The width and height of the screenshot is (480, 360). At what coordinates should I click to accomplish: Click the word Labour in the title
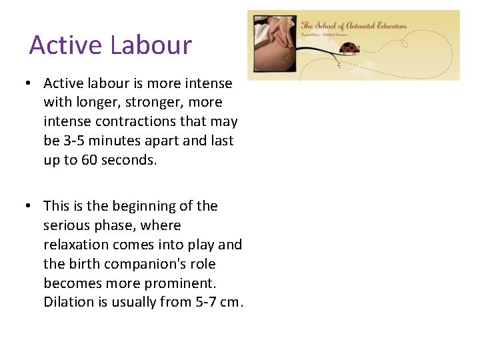click(x=151, y=45)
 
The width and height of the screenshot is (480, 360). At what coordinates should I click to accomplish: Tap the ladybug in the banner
click(x=350, y=47)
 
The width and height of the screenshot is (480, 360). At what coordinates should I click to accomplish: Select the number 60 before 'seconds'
click(x=89, y=161)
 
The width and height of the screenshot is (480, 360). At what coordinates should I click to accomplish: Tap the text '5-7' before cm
click(x=205, y=303)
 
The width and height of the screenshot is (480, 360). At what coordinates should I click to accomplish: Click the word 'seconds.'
click(x=129, y=161)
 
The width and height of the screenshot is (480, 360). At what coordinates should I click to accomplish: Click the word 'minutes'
click(x=119, y=141)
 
